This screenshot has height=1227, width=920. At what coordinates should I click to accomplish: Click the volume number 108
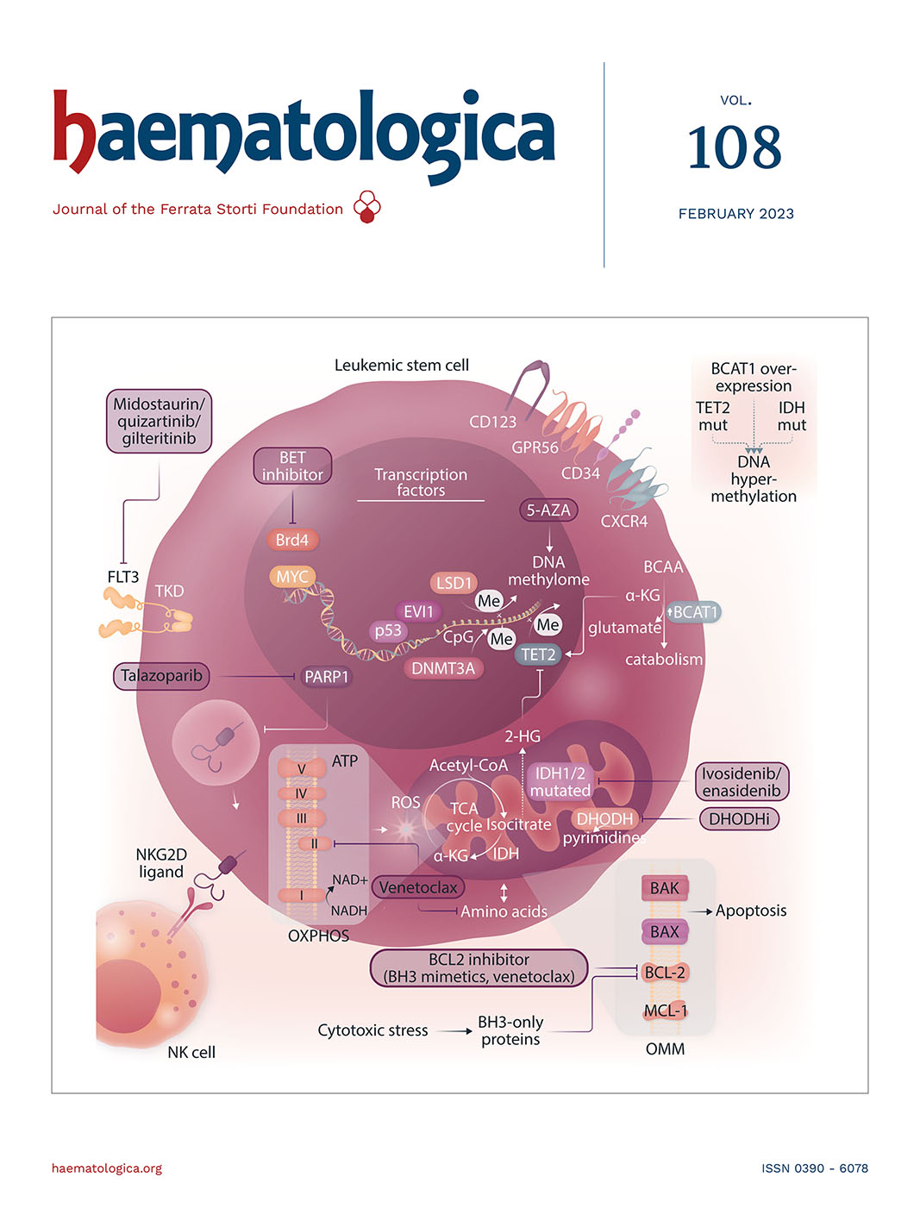coord(735,147)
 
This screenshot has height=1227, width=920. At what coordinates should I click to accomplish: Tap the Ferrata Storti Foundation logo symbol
coord(367,207)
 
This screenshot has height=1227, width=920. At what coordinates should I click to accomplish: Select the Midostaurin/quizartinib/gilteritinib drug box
coord(159,421)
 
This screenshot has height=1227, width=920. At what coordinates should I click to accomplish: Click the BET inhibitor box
coord(292,466)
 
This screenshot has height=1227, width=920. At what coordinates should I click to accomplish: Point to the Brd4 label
coord(292,540)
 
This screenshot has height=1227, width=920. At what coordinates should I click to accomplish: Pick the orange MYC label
coord(292,577)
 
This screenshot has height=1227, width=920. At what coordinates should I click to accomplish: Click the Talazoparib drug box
coord(161,676)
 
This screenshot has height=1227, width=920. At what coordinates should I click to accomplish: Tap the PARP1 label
coord(327,677)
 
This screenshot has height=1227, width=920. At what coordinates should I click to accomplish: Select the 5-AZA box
coord(548,510)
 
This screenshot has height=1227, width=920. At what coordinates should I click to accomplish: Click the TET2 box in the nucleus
coord(538,654)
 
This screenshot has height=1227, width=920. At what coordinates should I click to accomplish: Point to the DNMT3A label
coord(443,668)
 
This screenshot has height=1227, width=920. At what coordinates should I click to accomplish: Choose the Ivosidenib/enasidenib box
coord(742,782)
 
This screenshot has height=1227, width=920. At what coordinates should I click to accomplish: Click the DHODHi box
coord(739,818)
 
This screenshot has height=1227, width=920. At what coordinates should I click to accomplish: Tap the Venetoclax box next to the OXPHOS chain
coord(418,887)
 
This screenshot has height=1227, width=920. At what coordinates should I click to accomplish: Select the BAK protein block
coord(665,888)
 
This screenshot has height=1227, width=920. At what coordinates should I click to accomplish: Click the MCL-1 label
coord(666,1011)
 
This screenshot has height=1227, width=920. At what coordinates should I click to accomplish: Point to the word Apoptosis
coord(751,911)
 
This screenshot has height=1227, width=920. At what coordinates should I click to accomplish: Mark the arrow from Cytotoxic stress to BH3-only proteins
coord(453,1030)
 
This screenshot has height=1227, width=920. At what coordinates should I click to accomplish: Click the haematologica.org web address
coord(107,1168)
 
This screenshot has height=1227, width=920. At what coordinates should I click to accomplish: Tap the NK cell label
coord(191,1052)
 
